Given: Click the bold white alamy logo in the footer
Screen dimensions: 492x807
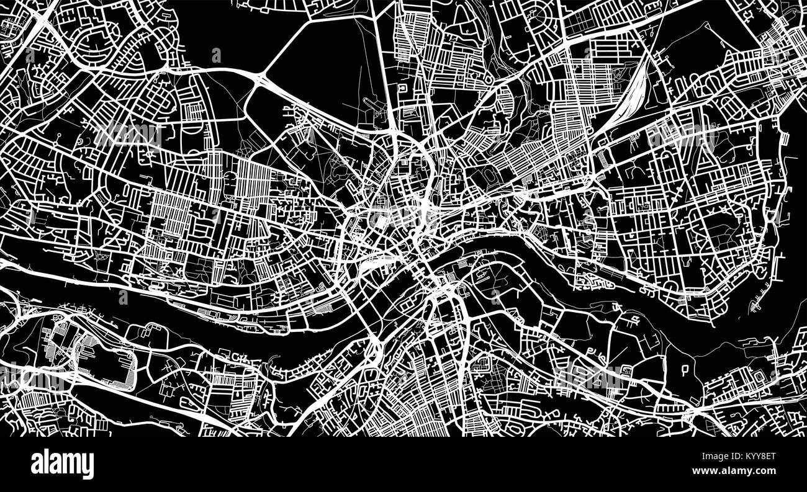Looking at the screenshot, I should (62, 463).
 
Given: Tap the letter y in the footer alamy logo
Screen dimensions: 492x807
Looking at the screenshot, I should (88, 465).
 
